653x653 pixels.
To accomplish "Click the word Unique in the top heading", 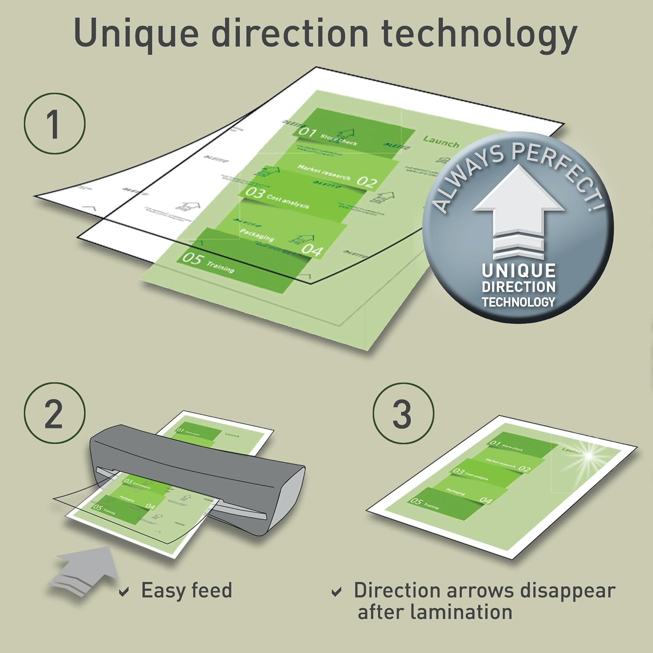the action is pos(136,34).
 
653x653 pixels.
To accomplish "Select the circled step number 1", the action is pos(54,124).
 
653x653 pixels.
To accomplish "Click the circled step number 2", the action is pos(54,414).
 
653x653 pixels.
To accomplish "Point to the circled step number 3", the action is pos(403,414).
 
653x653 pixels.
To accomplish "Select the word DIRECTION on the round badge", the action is pos(518,287).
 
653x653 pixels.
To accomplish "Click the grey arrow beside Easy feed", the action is pos(83,570).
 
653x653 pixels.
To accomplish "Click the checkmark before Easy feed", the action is pos(124,592).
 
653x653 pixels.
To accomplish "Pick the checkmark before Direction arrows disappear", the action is pos(336,592).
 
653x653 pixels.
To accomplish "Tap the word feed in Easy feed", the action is pos(212,591).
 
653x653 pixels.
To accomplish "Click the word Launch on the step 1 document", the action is pos(441,141).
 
